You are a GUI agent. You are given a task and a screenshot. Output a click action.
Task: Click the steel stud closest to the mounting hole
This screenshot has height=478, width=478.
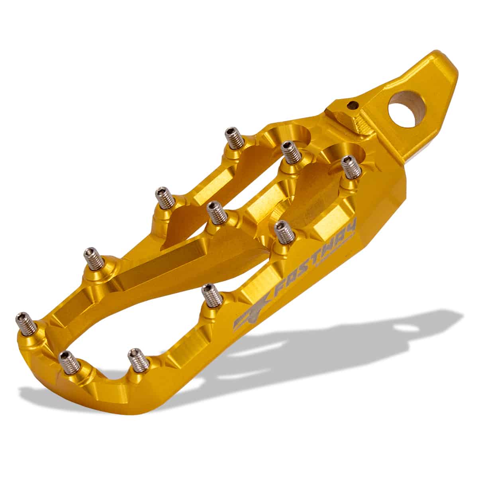352,167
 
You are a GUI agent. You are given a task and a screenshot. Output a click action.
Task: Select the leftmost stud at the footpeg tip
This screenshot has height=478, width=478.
25,323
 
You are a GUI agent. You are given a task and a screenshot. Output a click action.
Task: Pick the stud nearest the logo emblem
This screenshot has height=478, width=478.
211,295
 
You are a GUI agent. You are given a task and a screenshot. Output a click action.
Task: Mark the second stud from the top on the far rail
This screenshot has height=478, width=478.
163,197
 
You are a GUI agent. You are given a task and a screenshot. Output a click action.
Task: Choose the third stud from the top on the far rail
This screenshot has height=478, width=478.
94,259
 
